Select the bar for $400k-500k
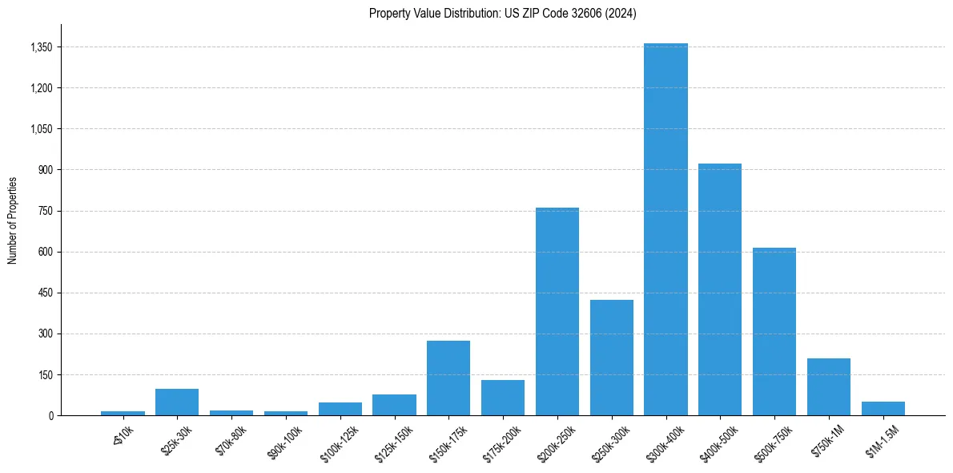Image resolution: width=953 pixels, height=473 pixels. pos(720,289)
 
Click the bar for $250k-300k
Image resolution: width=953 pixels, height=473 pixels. pos(612,358)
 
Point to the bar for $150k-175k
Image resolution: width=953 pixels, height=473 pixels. pos(448,378)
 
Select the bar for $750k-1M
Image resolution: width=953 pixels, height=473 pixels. pos(829,386)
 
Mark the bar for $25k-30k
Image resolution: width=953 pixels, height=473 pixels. pos(177,402)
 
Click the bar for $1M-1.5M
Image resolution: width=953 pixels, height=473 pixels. pos(883,408)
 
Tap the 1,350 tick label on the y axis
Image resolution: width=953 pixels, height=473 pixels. pos(41,47)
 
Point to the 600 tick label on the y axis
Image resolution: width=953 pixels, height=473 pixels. pos(45,252)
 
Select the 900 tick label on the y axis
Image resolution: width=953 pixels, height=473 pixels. pos(45,170)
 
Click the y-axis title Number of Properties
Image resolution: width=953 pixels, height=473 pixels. pos(13,220)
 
